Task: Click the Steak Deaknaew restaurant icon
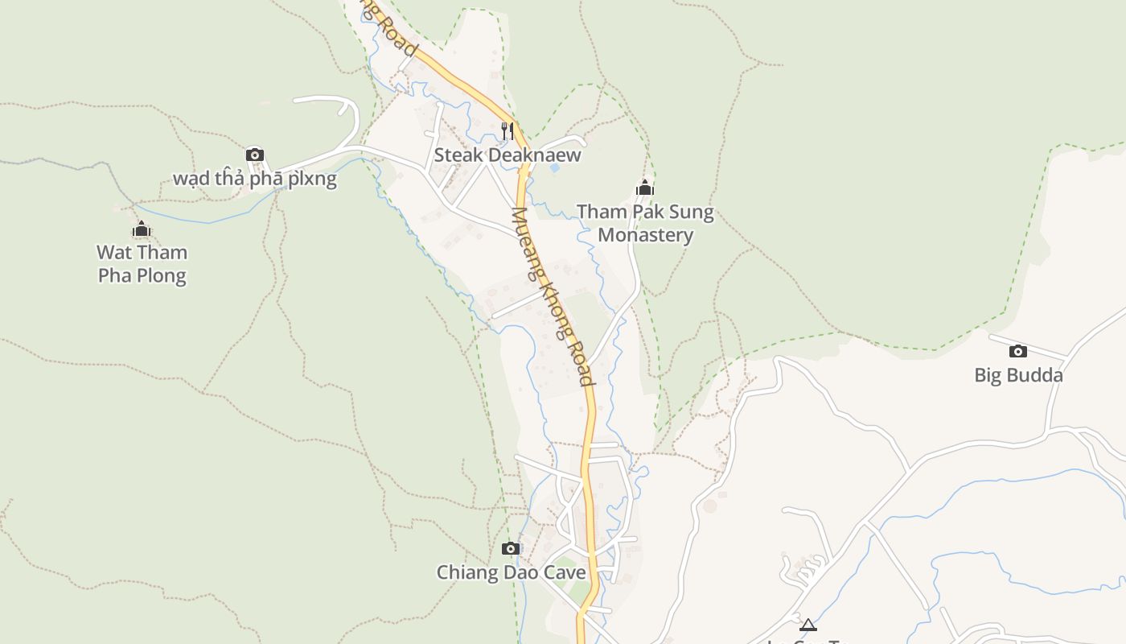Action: point(507,130)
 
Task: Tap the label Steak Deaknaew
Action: point(507,155)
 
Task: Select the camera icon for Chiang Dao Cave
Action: point(510,549)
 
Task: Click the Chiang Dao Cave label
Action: point(511,572)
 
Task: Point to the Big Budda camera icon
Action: point(1017,351)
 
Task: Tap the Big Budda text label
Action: point(1018,375)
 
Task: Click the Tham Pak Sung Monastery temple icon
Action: point(644,188)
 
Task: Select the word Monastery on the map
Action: point(645,235)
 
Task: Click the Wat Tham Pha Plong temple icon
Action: point(142,229)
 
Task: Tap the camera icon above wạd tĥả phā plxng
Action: point(254,155)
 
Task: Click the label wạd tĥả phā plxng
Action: point(254,178)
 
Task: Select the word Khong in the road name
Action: point(557,305)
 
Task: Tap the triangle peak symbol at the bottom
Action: point(808,625)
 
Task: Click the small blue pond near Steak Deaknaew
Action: point(553,168)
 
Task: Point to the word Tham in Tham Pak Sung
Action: point(601,213)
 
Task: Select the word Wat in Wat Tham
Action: point(113,252)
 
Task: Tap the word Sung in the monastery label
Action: point(692,213)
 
